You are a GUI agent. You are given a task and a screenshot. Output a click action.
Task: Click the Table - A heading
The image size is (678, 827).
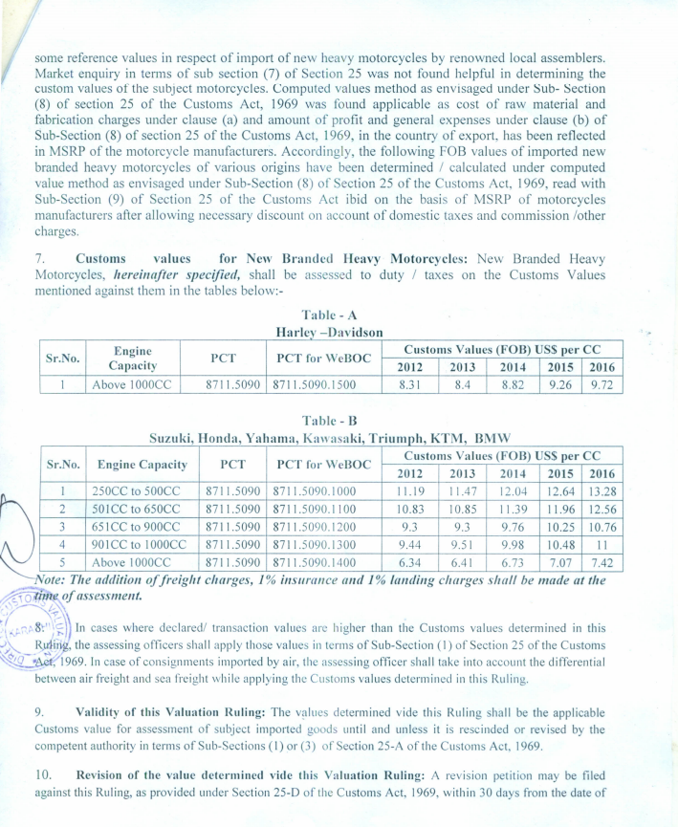[329, 315]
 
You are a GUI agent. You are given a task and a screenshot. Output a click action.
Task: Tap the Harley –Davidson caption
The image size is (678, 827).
[329, 332]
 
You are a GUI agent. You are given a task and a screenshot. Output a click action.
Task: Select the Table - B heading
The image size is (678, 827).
[330, 420]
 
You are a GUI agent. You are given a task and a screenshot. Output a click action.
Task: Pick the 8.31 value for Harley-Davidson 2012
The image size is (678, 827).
[409, 384]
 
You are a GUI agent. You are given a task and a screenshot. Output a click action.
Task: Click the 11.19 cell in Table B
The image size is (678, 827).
[409, 491]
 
